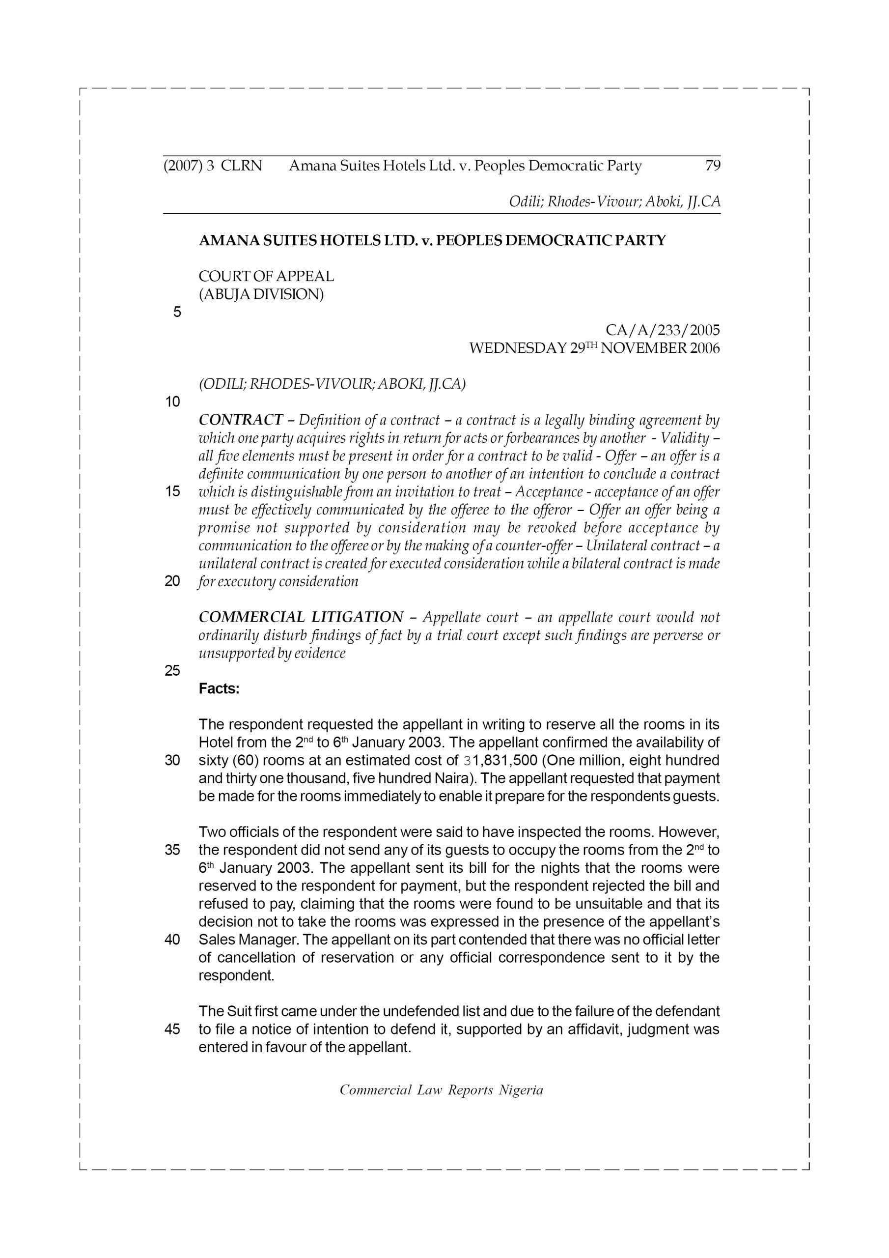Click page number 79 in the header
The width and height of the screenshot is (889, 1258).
[713, 166]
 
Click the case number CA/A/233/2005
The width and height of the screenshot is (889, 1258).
[662, 330]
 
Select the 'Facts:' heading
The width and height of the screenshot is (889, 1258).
[219, 689]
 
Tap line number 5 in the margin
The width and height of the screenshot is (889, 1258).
[177, 313]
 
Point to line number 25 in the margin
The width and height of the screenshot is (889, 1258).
[172, 671]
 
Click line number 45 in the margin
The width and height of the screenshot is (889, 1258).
[172, 1029]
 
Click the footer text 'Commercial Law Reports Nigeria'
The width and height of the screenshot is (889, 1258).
[442, 1090]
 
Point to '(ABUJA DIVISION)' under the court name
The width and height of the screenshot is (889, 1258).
[261, 295]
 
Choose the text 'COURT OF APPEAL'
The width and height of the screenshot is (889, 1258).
[266, 276]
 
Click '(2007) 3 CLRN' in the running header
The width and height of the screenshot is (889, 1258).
[213, 166]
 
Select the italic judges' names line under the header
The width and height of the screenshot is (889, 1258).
[614, 201]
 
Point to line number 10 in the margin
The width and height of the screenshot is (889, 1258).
[172, 402]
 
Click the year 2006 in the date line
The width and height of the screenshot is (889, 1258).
[704, 348]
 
